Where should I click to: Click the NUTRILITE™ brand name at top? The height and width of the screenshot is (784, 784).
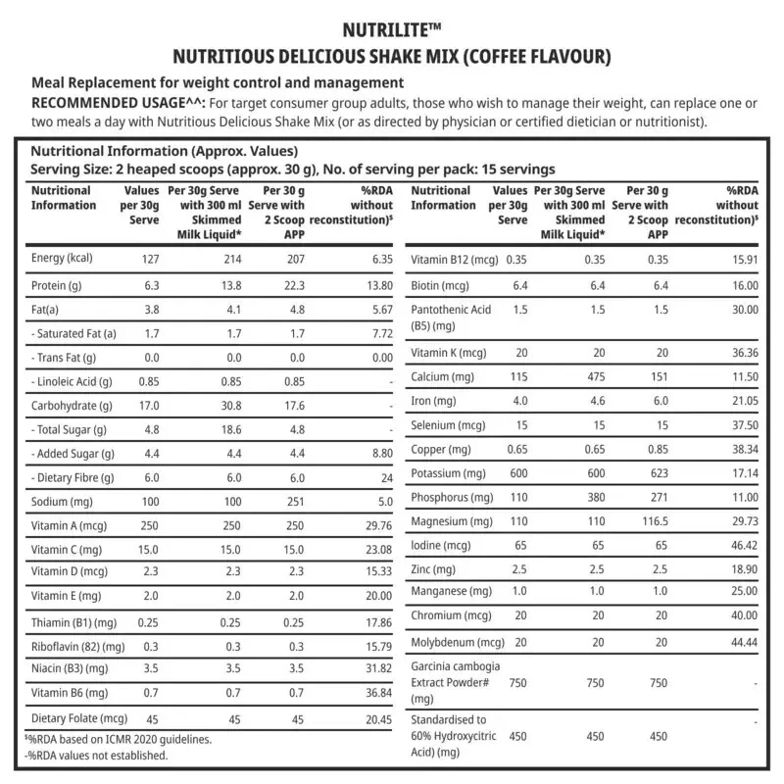pyautogui.click(x=391, y=30)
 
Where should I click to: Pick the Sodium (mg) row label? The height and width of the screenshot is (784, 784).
pyautogui.click(x=62, y=502)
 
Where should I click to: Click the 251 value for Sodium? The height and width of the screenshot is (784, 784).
pyautogui.click(x=291, y=502)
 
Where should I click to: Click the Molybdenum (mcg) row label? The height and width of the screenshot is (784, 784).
pyautogui.click(x=457, y=642)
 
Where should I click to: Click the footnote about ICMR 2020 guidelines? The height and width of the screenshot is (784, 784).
pyautogui.click(x=117, y=739)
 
